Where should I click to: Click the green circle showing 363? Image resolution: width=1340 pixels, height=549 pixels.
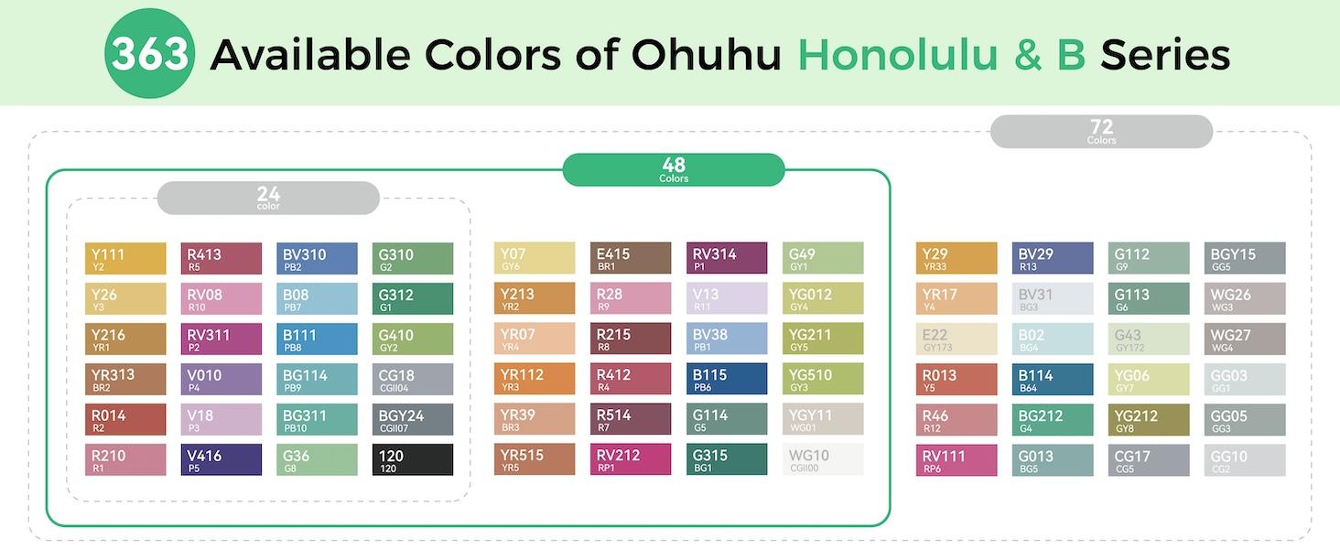[x=149, y=55]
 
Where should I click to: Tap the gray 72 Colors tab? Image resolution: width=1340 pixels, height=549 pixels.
[x=1101, y=132]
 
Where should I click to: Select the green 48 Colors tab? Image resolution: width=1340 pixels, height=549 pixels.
[x=673, y=169]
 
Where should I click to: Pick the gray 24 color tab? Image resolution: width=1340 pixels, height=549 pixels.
[x=268, y=198]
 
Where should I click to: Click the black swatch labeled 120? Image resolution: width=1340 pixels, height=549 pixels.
[x=413, y=459]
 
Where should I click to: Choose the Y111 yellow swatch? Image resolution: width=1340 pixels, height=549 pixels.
[x=125, y=258]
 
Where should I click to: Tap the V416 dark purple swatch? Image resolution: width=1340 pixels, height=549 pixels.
[x=222, y=459]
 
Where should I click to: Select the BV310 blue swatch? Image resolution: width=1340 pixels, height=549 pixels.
[x=317, y=258]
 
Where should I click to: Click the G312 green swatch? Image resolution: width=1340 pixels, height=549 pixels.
[x=413, y=298]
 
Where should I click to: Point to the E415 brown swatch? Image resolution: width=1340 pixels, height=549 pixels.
[x=631, y=258]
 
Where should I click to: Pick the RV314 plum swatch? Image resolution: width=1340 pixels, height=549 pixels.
[x=727, y=258]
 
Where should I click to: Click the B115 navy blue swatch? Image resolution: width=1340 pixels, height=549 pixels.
[x=727, y=379]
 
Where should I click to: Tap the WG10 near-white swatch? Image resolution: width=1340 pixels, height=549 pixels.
[x=823, y=459]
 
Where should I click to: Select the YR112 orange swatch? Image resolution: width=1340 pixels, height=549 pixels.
[x=535, y=379]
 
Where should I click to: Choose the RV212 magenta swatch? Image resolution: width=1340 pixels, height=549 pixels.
[x=631, y=459]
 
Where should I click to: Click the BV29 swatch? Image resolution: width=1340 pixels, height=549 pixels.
[x=1053, y=258]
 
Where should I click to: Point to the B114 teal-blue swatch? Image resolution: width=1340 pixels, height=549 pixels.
[x=1053, y=379]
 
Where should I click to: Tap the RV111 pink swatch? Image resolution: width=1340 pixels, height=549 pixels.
[x=956, y=459]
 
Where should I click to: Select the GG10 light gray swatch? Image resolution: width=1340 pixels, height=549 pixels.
[x=1245, y=459]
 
